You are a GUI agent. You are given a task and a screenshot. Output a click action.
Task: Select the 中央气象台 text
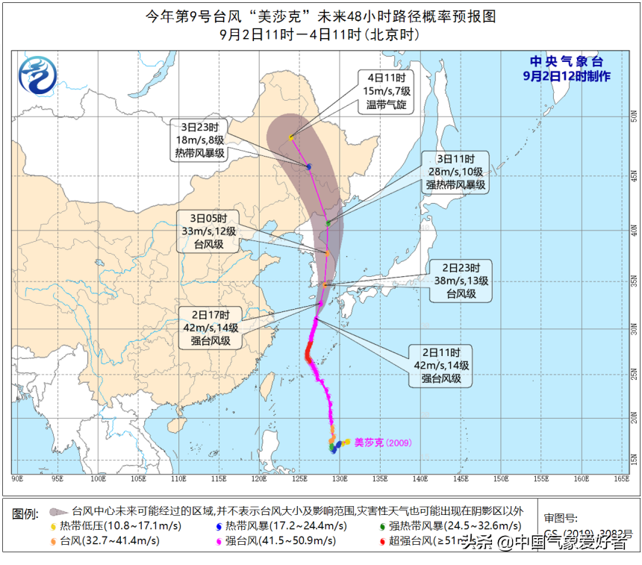pos(566,62)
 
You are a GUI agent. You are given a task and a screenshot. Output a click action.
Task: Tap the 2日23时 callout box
pos(462,280)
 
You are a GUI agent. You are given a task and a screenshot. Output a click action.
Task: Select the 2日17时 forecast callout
pos(210,327)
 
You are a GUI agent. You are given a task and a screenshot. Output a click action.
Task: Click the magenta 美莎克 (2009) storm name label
pos(381,443)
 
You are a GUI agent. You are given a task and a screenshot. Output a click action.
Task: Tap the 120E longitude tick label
pos(258,478)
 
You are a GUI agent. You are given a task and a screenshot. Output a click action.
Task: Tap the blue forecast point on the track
pos(309,166)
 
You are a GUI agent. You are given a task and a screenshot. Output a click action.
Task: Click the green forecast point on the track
pos(328,223)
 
